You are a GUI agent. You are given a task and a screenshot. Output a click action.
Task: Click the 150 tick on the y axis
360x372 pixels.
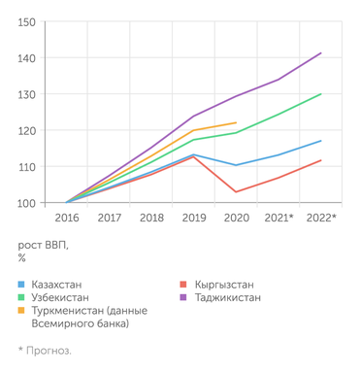coord(27,21)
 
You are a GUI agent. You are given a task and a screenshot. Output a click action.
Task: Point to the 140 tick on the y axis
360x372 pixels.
coord(27,58)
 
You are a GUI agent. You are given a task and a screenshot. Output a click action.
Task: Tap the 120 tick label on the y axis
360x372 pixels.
coord(27,131)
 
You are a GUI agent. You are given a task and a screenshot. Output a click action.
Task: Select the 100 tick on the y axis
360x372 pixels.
coord(27,204)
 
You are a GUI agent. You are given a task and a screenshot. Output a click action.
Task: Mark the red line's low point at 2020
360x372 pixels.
coord(236,191)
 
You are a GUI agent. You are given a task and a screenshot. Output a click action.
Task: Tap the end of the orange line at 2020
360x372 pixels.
coord(236,122)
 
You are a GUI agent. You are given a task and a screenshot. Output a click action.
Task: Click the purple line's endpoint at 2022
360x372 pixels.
coord(321,52)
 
